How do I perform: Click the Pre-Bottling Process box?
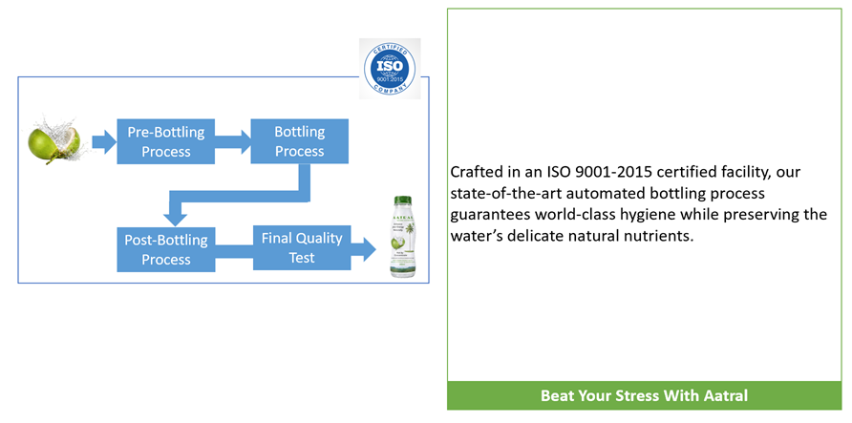165,141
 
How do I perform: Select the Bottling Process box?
299,141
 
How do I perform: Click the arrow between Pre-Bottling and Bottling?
233,143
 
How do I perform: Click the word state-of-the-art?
505,194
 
